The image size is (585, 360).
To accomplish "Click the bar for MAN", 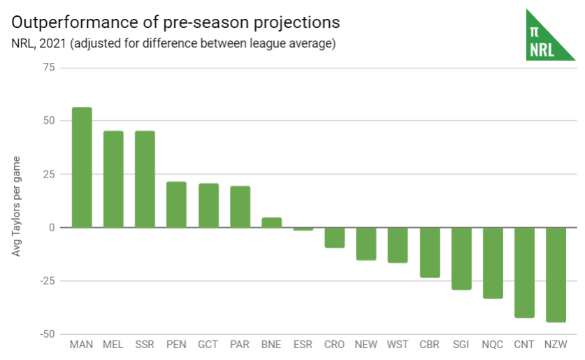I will [x=82, y=168].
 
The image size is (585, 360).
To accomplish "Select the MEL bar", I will [x=113, y=179].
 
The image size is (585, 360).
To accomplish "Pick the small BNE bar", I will [x=271, y=223].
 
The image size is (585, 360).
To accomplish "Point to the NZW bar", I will [x=556, y=275].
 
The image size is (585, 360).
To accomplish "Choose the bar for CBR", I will [x=429, y=252].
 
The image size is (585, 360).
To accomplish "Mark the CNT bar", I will [x=524, y=273].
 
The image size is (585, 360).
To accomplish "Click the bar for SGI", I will [x=461, y=259].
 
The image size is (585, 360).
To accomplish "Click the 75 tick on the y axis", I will [x=48, y=67].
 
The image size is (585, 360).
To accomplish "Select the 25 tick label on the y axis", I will [x=48, y=174].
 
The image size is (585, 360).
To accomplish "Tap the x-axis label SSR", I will [x=145, y=345].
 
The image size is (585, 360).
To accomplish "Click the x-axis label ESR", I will [x=303, y=345].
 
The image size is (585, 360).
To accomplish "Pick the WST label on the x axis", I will [x=398, y=345].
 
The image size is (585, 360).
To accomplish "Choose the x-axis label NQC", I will [x=493, y=345].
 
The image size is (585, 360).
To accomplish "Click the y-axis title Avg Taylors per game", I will [x=17, y=206].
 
